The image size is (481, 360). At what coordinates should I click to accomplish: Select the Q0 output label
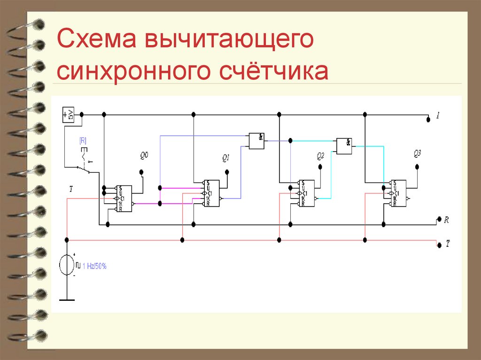(x=144, y=154)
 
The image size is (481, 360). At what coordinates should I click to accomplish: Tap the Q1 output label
(x=226, y=159)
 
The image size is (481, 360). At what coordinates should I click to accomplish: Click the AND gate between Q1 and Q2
(x=256, y=140)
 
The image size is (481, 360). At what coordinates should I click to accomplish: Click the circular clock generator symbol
(x=67, y=265)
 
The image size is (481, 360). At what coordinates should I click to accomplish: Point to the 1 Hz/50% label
(x=94, y=266)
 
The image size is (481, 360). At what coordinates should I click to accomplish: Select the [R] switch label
(x=83, y=140)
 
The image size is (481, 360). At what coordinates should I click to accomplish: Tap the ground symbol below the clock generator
(x=67, y=299)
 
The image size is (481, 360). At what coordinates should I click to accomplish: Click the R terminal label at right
(x=446, y=219)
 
